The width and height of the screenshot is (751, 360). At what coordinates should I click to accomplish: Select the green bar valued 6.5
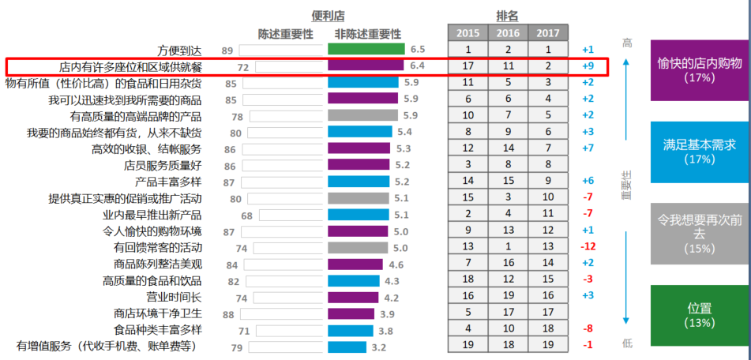point(366,50)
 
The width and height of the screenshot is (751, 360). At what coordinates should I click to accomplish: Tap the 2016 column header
point(508,33)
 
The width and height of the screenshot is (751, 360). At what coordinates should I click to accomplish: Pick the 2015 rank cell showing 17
point(467,66)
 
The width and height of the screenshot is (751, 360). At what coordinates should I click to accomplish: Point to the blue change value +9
point(588,66)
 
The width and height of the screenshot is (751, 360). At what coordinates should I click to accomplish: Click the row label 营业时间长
point(174,297)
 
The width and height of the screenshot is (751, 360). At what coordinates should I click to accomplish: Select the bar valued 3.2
point(347,347)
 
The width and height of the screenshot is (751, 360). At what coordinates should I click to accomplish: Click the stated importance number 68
point(246,215)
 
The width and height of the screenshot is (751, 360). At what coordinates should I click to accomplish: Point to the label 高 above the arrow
point(628,43)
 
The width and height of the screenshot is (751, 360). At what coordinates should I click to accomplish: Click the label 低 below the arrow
point(628,343)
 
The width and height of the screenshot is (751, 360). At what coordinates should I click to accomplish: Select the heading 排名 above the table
point(507,15)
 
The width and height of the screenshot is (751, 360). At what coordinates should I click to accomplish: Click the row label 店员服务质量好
point(163,165)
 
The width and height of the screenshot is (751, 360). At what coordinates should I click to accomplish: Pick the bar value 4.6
point(396,264)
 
